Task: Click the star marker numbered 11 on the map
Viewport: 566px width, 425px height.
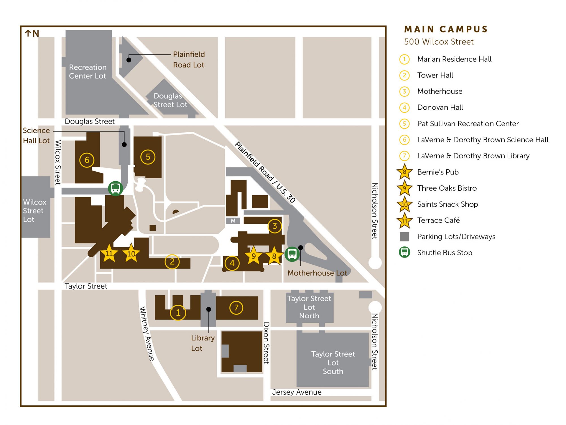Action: pyautogui.click(x=109, y=253)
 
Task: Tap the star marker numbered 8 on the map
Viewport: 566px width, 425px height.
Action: pyautogui.click(x=274, y=256)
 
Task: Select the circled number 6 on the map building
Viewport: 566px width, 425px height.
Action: pyautogui.click(x=87, y=160)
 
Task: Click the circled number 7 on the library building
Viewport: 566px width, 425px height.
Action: pyautogui.click(x=236, y=307)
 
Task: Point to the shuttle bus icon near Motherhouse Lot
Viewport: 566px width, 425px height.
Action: pyautogui.click(x=292, y=254)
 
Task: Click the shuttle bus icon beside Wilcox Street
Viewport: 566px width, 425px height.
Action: pyautogui.click(x=115, y=188)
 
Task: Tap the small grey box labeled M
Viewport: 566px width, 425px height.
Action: pyautogui.click(x=233, y=221)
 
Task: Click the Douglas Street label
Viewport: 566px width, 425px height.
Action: pyautogui.click(x=90, y=121)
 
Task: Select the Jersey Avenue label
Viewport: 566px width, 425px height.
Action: pyautogui.click(x=297, y=392)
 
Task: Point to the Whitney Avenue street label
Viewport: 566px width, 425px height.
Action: pyautogui.click(x=147, y=334)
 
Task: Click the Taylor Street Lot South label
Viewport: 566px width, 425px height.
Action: pyautogui.click(x=333, y=363)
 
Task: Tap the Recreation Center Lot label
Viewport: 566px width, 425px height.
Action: pyautogui.click(x=88, y=71)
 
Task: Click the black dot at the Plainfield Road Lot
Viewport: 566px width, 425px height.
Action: pyautogui.click(x=129, y=60)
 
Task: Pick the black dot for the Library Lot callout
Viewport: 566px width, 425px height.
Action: pyautogui.click(x=209, y=309)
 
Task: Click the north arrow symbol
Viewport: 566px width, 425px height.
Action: pyautogui.click(x=28, y=33)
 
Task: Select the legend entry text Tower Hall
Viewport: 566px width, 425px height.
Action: pyautogui.click(x=435, y=75)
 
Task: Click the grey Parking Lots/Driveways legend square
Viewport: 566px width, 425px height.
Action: pyautogui.click(x=404, y=237)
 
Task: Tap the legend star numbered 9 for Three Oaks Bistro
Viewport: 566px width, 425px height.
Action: pyautogui.click(x=404, y=188)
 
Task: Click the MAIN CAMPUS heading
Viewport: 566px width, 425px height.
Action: pyautogui.click(x=446, y=29)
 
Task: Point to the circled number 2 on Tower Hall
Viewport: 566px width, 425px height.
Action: pyautogui.click(x=172, y=262)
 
